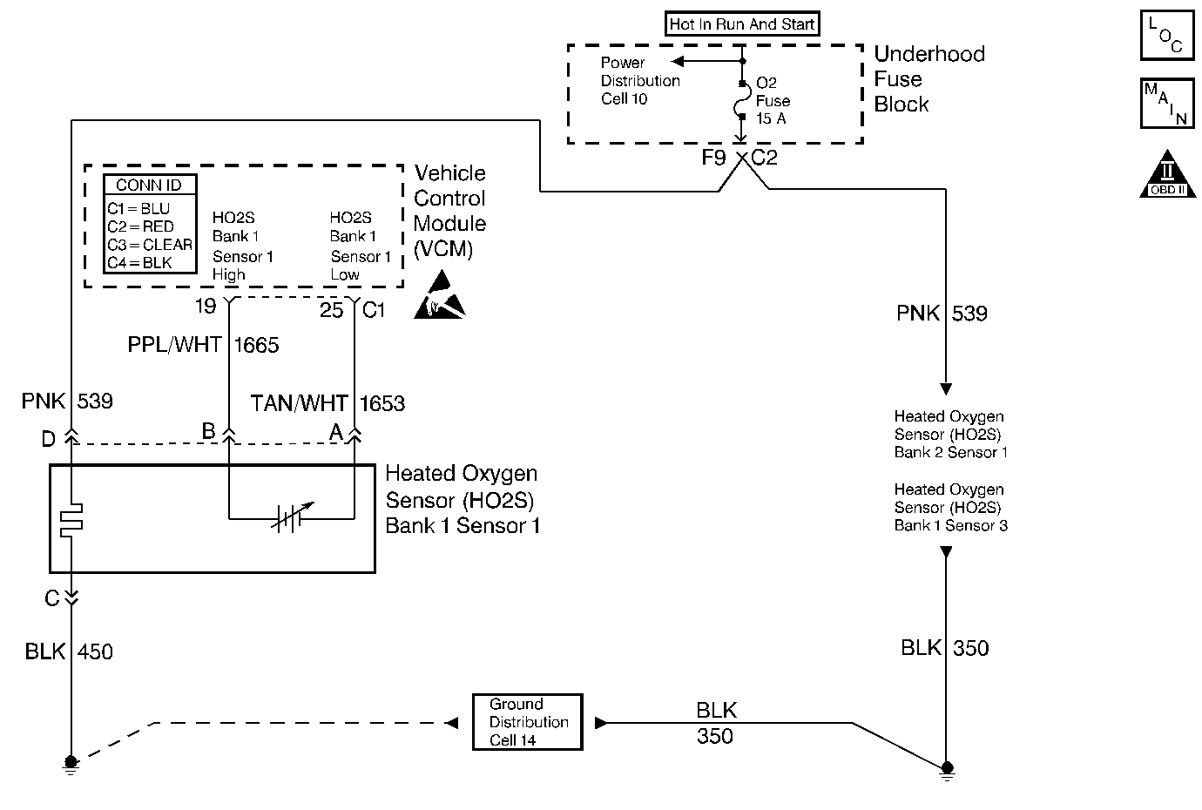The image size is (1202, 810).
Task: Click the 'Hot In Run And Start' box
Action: coord(742,24)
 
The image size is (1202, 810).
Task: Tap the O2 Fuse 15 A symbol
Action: coord(742,101)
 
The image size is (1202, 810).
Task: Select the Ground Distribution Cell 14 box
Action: coord(528,722)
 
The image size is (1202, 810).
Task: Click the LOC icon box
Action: coord(1166,36)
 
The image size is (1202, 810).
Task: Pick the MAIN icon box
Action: coord(1166,104)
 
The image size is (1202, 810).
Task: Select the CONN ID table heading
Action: coord(149,185)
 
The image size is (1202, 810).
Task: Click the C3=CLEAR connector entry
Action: coord(150,245)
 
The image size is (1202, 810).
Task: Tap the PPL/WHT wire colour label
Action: coord(174,346)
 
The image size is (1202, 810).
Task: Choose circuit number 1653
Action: coord(382,403)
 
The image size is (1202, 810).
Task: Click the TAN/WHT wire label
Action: coord(299,403)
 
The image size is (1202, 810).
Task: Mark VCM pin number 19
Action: coord(205,307)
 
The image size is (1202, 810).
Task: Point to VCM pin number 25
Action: coord(332,309)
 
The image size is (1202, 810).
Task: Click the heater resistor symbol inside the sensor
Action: coord(71,519)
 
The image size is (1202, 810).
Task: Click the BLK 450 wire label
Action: coord(69,651)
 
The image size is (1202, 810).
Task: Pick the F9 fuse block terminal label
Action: coord(713,158)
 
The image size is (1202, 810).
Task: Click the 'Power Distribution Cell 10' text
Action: coord(640,81)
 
